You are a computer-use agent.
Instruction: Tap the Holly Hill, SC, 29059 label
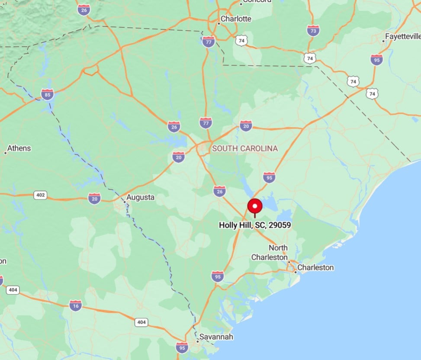click(x=254, y=225)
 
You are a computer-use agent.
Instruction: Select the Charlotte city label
click(x=236, y=19)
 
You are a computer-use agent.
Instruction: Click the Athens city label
click(x=19, y=148)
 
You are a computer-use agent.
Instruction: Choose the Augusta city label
click(x=141, y=197)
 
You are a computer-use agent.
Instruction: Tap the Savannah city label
click(x=216, y=337)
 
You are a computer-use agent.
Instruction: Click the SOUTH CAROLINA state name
click(x=245, y=148)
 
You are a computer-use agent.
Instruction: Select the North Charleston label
click(x=272, y=253)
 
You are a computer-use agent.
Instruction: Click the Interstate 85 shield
click(x=48, y=94)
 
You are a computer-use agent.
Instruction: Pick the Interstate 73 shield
click(x=313, y=30)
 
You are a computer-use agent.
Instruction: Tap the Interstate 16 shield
click(x=75, y=305)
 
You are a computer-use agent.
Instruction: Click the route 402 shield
click(x=40, y=195)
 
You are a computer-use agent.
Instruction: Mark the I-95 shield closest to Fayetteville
click(x=376, y=59)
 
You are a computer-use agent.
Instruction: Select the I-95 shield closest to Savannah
click(x=182, y=347)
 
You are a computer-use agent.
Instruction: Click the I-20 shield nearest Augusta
click(x=94, y=198)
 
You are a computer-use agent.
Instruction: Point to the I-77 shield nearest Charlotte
click(x=209, y=42)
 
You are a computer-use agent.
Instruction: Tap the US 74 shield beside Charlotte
click(x=241, y=41)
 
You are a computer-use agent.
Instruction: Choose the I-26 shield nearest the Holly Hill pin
click(x=219, y=191)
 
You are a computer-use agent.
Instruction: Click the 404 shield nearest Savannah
click(x=141, y=322)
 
